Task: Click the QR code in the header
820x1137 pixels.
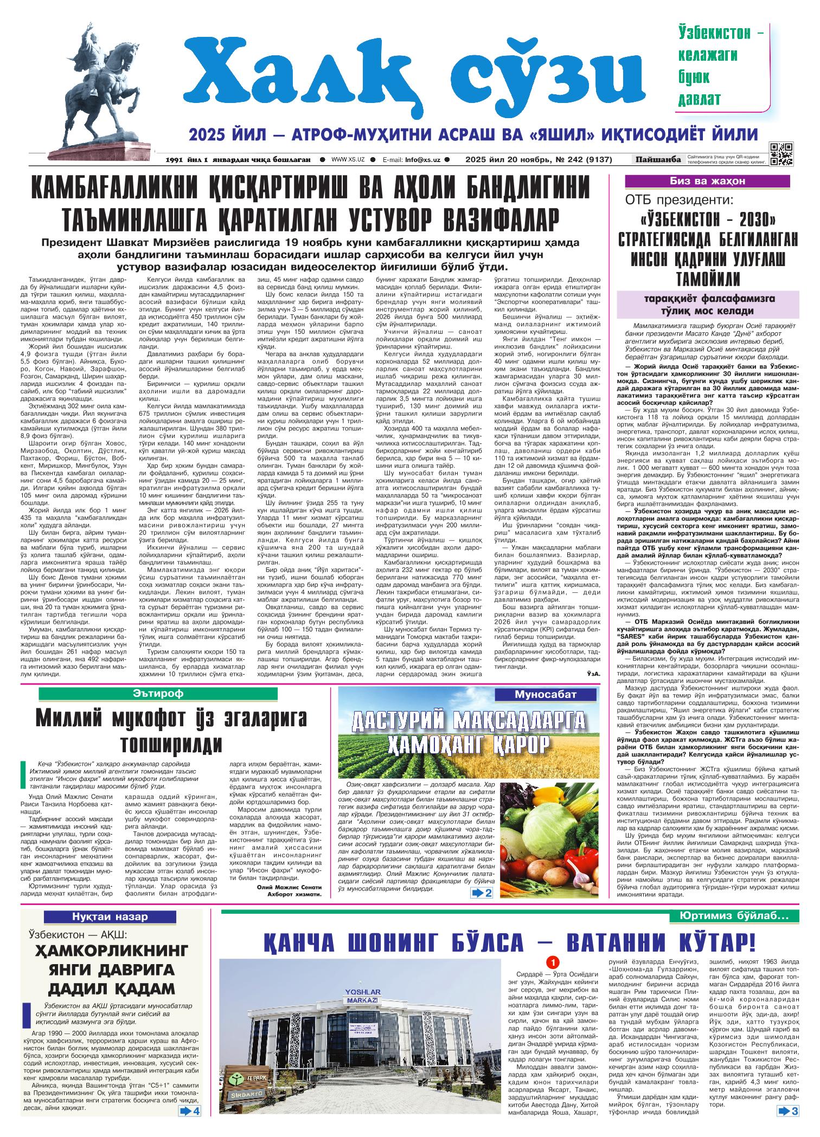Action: pyautogui.click(x=781, y=153)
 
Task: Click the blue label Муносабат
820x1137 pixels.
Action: pyautogui.click(x=546, y=694)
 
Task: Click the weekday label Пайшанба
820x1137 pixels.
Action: pyautogui.click(x=658, y=159)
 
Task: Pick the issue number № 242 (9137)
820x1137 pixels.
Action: pyautogui.click(x=582, y=160)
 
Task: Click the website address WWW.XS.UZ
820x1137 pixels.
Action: pyautogui.click(x=348, y=160)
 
